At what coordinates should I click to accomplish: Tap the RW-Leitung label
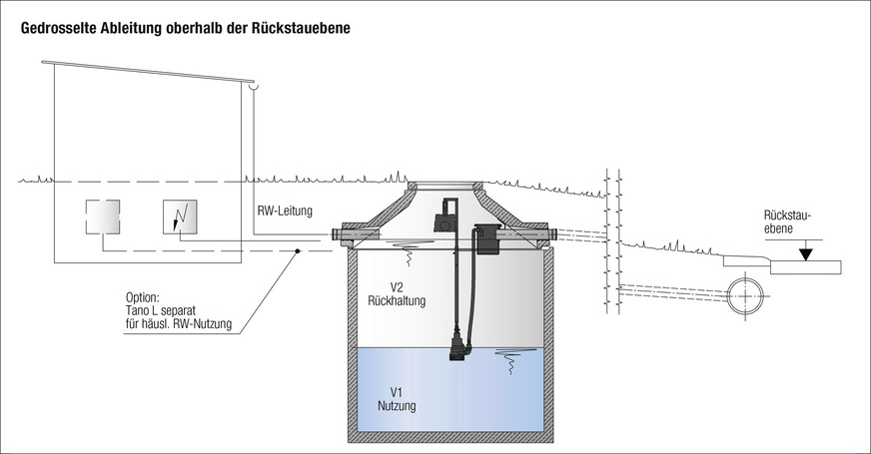coord(285,211)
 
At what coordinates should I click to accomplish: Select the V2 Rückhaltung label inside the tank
coord(396,292)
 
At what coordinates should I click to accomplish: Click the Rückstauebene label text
coord(788,221)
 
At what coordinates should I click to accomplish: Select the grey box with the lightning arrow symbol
coord(180,217)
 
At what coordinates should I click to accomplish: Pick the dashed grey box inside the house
coord(102,217)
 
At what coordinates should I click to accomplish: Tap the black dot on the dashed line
coord(297,251)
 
